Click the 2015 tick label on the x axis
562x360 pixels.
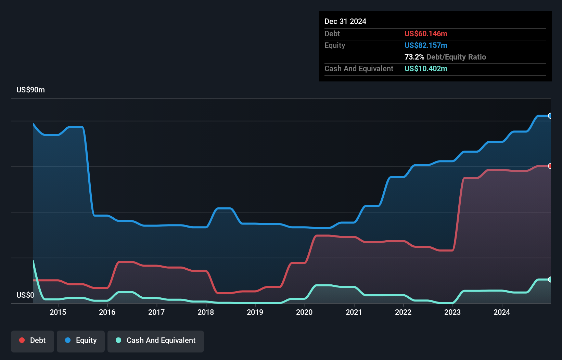tap(58, 312)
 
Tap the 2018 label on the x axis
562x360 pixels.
tap(206, 312)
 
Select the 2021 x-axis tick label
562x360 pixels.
tap(354, 312)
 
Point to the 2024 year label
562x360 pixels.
tap(501, 312)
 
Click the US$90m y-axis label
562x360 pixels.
tap(30, 90)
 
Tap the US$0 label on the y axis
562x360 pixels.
tap(25, 295)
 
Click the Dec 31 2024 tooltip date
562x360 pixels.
tap(345, 22)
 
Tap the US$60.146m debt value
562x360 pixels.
tap(425, 34)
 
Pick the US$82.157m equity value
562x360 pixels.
tap(425, 46)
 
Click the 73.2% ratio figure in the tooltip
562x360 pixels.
tap(414, 57)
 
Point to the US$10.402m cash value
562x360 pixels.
tap(425, 69)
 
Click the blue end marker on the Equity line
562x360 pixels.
tap(550, 116)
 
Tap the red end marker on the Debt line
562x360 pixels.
tap(550, 166)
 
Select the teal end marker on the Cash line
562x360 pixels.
tap(550, 280)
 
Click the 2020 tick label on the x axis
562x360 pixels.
tap(304, 312)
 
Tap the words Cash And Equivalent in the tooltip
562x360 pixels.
tap(359, 69)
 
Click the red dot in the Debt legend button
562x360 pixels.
tap(22, 340)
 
